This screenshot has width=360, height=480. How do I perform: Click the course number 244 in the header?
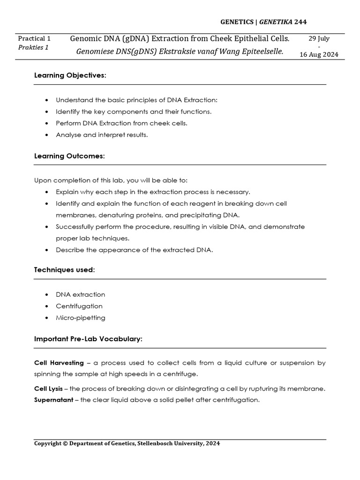(300, 22)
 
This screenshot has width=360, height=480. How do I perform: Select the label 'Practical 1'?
(34, 38)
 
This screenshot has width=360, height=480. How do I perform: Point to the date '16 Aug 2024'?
(318, 54)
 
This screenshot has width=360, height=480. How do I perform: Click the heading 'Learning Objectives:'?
(70, 75)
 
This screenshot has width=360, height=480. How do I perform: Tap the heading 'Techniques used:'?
(65, 270)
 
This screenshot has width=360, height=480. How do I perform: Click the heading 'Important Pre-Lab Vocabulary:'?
(88, 339)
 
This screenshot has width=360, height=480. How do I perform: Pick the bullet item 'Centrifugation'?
(79, 306)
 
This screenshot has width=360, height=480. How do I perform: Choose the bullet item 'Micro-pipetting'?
(81, 318)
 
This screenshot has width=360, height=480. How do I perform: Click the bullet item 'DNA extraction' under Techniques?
(81, 294)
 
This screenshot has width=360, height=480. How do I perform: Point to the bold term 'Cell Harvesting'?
(59, 363)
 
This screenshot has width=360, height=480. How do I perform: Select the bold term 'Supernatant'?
(53, 400)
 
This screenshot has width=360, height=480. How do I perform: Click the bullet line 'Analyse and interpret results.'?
(102, 135)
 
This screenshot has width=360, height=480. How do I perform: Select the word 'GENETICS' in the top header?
(238, 22)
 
